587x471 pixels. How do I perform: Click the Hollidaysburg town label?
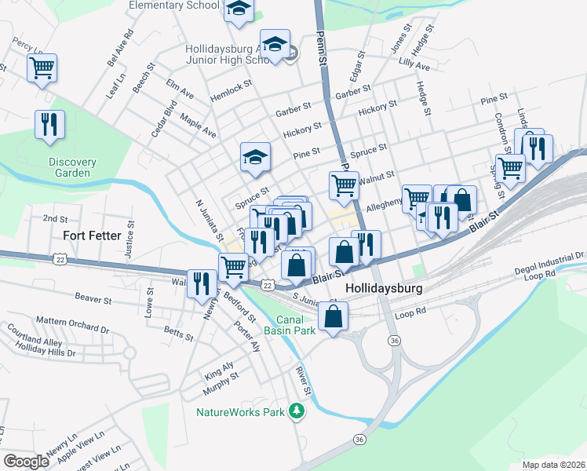pyautogui.click(x=384, y=288)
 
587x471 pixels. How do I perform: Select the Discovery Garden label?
pyautogui.click(x=72, y=167)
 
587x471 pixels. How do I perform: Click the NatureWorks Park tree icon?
pyautogui.click(x=296, y=411)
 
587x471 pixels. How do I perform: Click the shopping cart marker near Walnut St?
pyautogui.click(x=344, y=185)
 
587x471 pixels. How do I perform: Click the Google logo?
pyautogui.click(x=26, y=462)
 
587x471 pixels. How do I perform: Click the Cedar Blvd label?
pyautogui.click(x=165, y=119)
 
